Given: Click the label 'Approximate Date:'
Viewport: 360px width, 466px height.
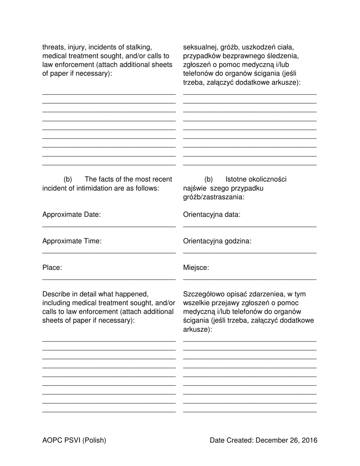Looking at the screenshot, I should (x=72, y=215).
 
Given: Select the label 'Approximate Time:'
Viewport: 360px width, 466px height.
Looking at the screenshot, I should (x=72, y=241).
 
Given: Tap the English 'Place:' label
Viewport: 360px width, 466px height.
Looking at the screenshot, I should (x=52, y=268).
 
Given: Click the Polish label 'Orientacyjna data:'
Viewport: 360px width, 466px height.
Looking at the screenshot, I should (x=212, y=215).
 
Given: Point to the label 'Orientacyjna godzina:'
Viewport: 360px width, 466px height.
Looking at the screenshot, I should (x=217, y=241).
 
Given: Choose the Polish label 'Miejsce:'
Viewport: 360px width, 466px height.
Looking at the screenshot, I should (x=196, y=268).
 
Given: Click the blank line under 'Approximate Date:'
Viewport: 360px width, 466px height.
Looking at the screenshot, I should (x=109, y=227).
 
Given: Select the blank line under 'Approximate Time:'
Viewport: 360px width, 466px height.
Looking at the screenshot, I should (x=109, y=253).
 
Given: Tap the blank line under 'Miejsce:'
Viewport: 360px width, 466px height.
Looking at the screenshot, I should (x=250, y=280).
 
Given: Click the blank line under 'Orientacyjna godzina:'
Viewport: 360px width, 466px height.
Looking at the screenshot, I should (x=250, y=253).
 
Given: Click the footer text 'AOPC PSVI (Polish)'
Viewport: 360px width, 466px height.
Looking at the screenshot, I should (x=74, y=440).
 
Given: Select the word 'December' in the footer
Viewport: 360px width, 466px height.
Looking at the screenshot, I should (x=271, y=440).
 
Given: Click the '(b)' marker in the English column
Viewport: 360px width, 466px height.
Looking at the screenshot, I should (x=68, y=179).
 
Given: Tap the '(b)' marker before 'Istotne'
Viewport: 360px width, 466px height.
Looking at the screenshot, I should (x=209, y=179).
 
